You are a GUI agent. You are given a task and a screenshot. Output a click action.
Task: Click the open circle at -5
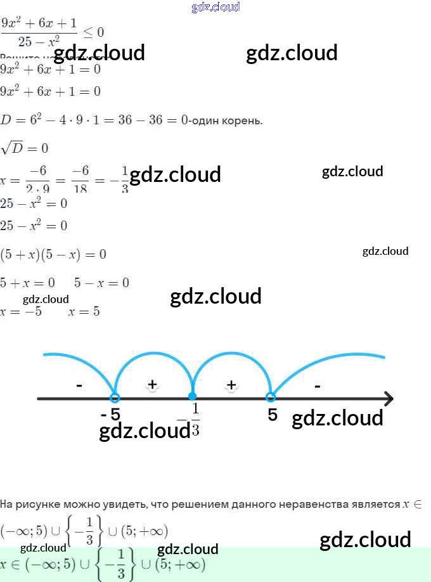coord(115,398)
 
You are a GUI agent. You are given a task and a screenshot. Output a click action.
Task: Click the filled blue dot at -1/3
coord(193,398)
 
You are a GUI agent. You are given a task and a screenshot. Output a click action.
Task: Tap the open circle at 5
coord(271,398)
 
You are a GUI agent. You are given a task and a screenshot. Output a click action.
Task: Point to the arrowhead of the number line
coord(388,399)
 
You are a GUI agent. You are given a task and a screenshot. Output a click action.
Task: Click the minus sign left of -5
coord(79,385)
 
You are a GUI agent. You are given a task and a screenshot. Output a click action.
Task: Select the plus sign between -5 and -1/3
coord(152,384)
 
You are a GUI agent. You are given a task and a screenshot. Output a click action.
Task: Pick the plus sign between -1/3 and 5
coord(231,384)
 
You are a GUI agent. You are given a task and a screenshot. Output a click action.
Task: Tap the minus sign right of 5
coord(317,385)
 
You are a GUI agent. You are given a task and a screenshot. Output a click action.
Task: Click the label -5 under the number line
coord(110,415)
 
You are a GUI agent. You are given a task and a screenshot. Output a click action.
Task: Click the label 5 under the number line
coord(273,415)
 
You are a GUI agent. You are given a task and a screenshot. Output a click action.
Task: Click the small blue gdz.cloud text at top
coord(215,7)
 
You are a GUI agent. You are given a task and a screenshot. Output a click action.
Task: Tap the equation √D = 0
coord(25,149)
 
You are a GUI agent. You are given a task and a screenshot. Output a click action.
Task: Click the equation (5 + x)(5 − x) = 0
coord(53,254)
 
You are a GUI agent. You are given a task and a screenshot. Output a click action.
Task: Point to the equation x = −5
coord(22,312)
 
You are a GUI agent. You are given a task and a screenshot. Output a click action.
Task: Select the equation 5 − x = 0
coord(101,283)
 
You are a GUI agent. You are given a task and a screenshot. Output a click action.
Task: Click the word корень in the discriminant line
coord(241,120)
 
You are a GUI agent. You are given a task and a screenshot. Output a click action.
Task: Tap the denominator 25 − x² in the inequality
coord(39,42)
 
